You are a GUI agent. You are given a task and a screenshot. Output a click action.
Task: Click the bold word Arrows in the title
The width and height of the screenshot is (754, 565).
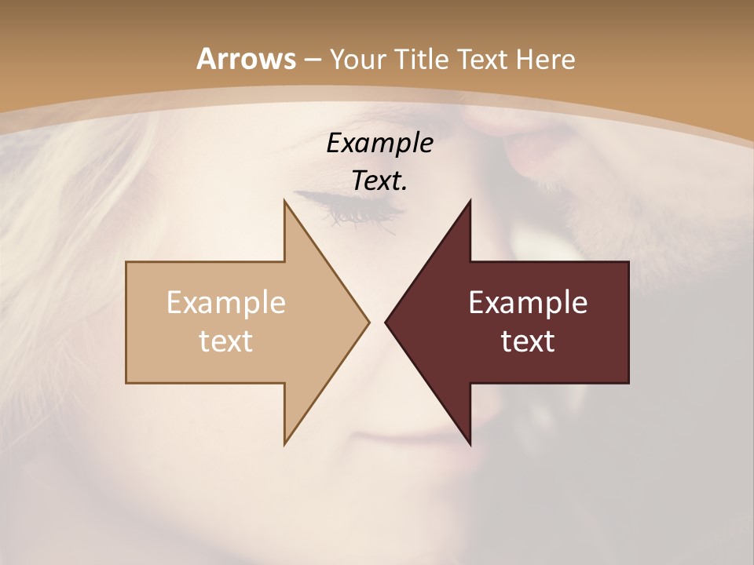pyautogui.click(x=246, y=59)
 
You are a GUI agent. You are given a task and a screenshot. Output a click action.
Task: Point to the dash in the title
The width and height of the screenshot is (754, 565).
pyautogui.click(x=312, y=60)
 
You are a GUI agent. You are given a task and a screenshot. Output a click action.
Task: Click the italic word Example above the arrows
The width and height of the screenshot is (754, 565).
pyautogui.click(x=379, y=144)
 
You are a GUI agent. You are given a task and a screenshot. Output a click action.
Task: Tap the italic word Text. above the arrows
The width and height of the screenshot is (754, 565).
pyautogui.click(x=379, y=181)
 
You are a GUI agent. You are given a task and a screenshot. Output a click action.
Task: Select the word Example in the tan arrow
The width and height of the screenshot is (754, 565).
pyautogui.click(x=226, y=303)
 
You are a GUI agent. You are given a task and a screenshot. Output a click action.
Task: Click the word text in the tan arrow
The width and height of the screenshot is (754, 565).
pyautogui.click(x=226, y=341)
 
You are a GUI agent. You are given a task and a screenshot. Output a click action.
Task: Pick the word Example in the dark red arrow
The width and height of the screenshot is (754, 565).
pyautogui.click(x=528, y=303)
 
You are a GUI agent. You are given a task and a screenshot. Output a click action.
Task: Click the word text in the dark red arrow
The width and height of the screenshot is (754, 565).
pyautogui.click(x=528, y=341)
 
